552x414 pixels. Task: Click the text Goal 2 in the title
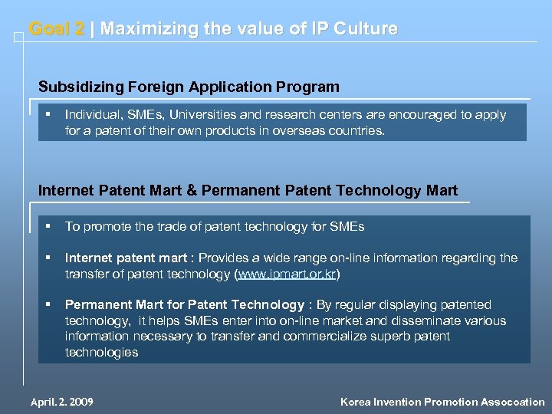tap(56, 29)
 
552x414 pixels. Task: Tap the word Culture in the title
tap(366, 29)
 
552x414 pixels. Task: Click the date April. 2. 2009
tap(61, 402)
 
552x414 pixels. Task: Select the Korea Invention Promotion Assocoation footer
tap(442, 402)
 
